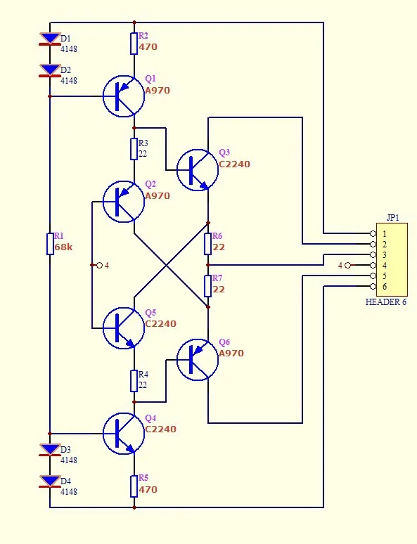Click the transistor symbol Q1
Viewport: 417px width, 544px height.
coord(124,96)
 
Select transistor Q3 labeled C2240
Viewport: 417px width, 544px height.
coord(197,169)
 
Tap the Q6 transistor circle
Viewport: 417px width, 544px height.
coord(197,360)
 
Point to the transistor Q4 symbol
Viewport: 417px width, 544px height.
coord(124,434)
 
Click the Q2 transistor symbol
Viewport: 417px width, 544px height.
coord(124,202)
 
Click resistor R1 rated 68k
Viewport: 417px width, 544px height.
coord(50,244)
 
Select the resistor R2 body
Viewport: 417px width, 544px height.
coord(134,44)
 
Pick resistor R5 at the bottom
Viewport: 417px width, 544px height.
coord(134,486)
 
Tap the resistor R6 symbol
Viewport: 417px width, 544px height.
coord(208,244)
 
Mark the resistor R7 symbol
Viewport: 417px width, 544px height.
coord(208,286)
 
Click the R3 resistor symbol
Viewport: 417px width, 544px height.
coord(134,149)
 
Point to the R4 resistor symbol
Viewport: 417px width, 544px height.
coord(134,381)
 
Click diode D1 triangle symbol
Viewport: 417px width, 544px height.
coord(50,39)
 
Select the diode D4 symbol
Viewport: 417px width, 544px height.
coord(50,482)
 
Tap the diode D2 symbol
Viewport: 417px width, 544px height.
coord(50,70)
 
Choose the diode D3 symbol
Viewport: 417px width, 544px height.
coord(50,450)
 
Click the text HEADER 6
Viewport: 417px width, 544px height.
coord(385,302)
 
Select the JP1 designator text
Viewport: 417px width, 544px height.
coord(392,218)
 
